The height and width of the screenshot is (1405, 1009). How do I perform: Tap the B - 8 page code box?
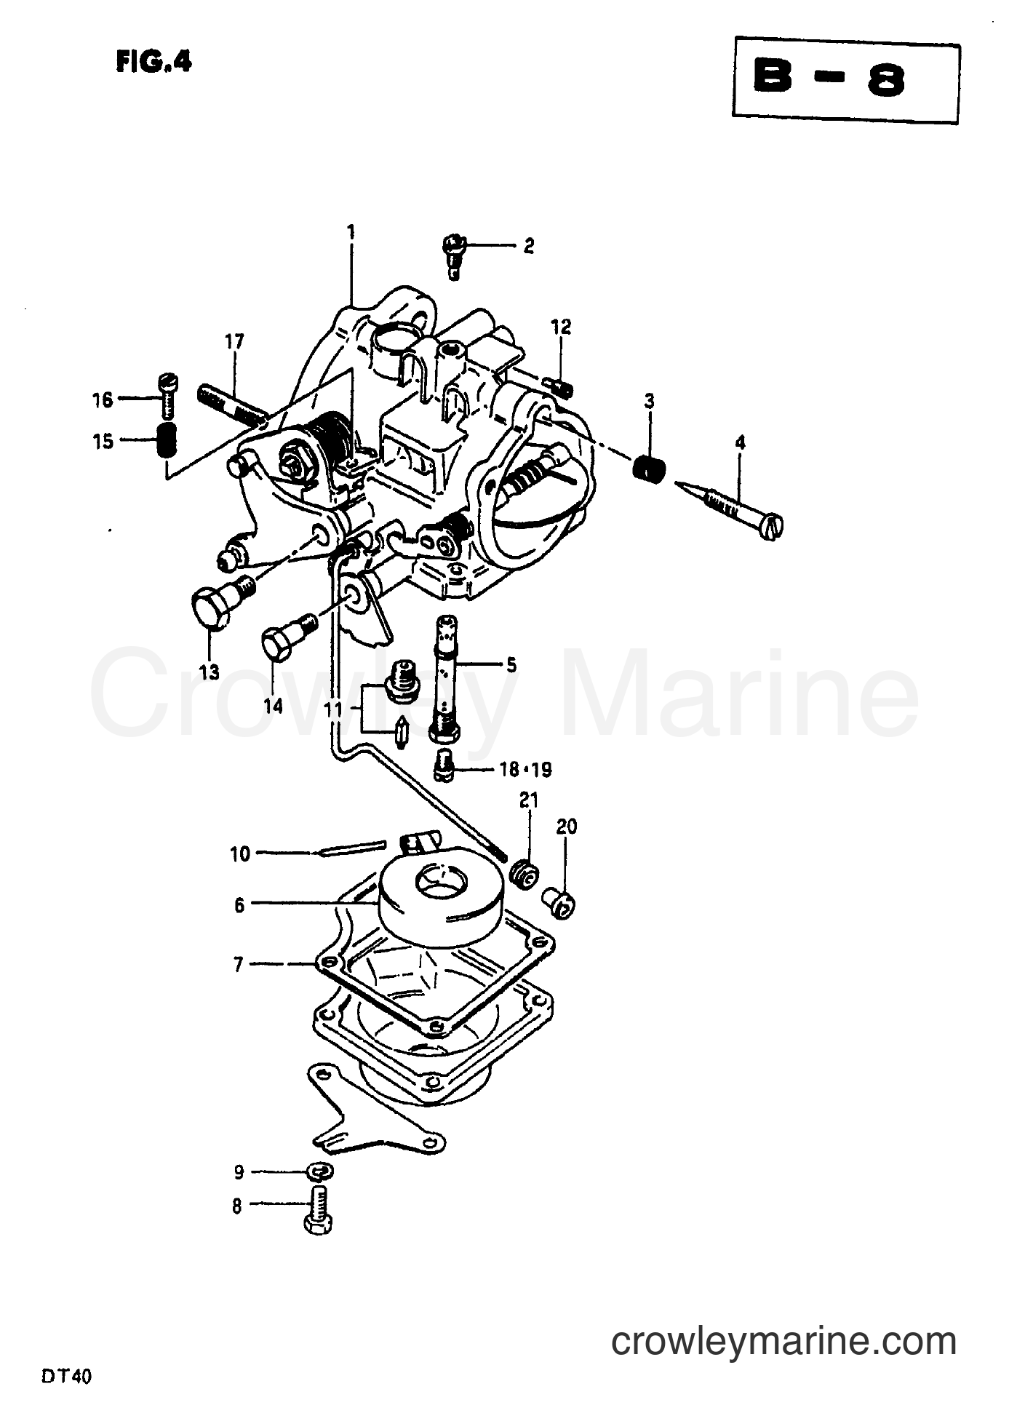[x=846, y=80]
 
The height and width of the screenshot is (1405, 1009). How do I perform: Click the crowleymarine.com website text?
[x=783, y=1340]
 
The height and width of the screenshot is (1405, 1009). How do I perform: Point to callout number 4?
[x=740, y=442]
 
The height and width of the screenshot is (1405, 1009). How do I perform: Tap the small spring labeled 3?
[x=649, y=466]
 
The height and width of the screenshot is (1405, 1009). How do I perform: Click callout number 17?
[x=234, y=342]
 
